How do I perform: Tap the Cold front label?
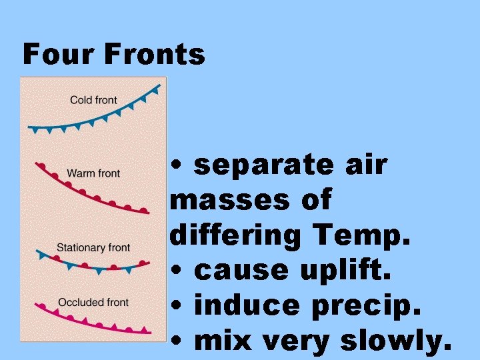pos(93,100)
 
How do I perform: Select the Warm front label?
pos(93,173)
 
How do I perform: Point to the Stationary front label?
pos(93,247)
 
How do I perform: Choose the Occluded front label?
pos(93,302)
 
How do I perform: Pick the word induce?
pos(247,305)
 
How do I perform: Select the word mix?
pos(223,341)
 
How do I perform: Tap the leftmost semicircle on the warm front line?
pos(41,165)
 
